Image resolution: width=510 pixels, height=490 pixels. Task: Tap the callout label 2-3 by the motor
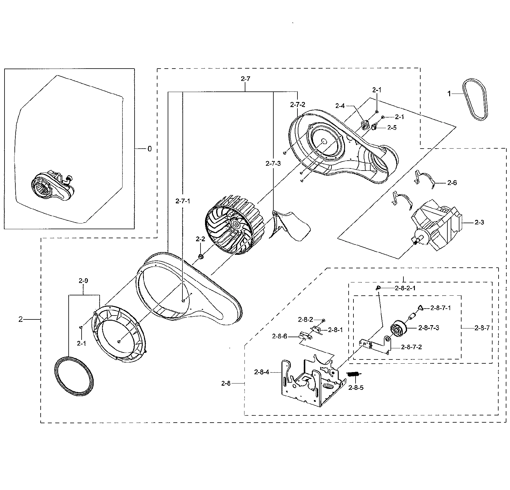(x=479, y=222)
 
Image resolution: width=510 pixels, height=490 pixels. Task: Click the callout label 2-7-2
(x=297, y=105)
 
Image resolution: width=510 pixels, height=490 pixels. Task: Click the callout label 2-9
(x=83, y=281)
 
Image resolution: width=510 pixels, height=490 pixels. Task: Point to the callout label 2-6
(x=452, y=183)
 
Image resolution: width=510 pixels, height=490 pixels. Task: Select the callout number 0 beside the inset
(x=150, y=149)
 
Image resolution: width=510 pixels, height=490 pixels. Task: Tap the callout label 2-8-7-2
(x=411, y=347)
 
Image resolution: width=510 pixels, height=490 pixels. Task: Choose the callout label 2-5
(x=392, y=128)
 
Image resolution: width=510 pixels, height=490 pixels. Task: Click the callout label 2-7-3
(x=273, y=163)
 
